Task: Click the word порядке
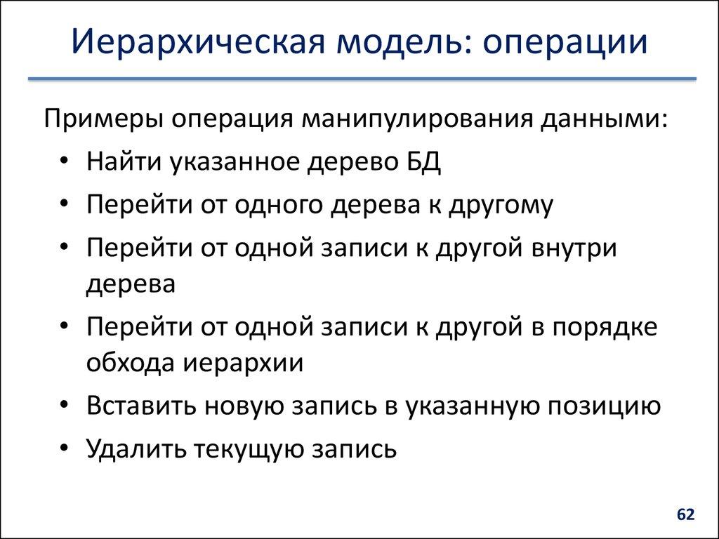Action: click(604, 328)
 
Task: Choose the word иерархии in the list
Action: click(244, 364)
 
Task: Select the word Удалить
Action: click(134, 448)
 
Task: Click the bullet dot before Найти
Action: click(65, 163)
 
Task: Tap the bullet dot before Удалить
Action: click(65, 448)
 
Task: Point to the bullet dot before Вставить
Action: click(65, 408)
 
